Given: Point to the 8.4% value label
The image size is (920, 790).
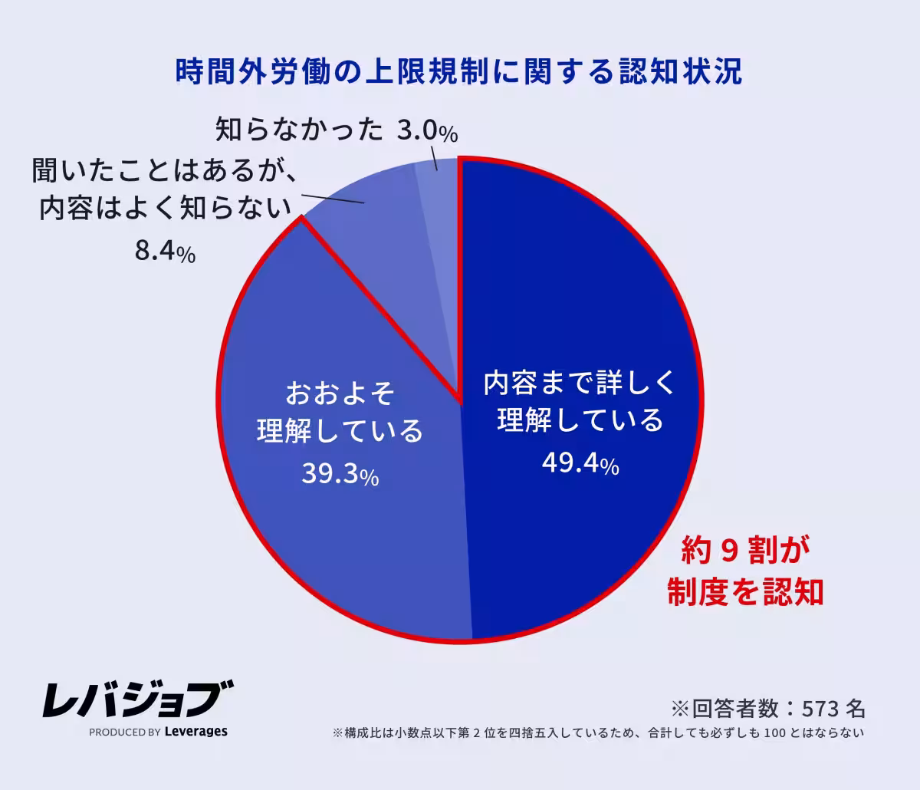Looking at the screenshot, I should click(x=165, y=252).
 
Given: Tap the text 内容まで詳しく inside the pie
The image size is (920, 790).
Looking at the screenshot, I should click(x=580, y=383).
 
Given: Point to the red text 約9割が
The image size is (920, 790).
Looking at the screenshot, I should click(x=745, y=551).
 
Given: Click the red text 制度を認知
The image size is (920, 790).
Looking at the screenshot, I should click(x=745, y=591).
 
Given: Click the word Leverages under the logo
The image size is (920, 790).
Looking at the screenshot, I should click(x=196, y=732).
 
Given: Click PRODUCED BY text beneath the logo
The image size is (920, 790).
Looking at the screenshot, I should click(x=124, y=732).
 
